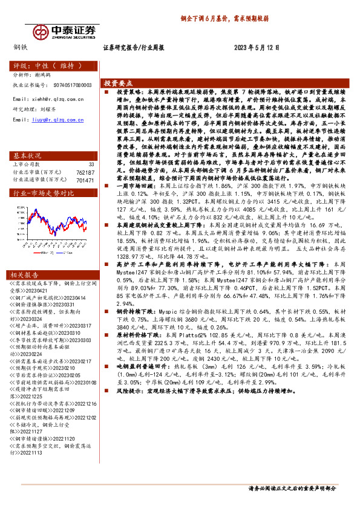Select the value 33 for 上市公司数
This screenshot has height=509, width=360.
click(x=91, y=164)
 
